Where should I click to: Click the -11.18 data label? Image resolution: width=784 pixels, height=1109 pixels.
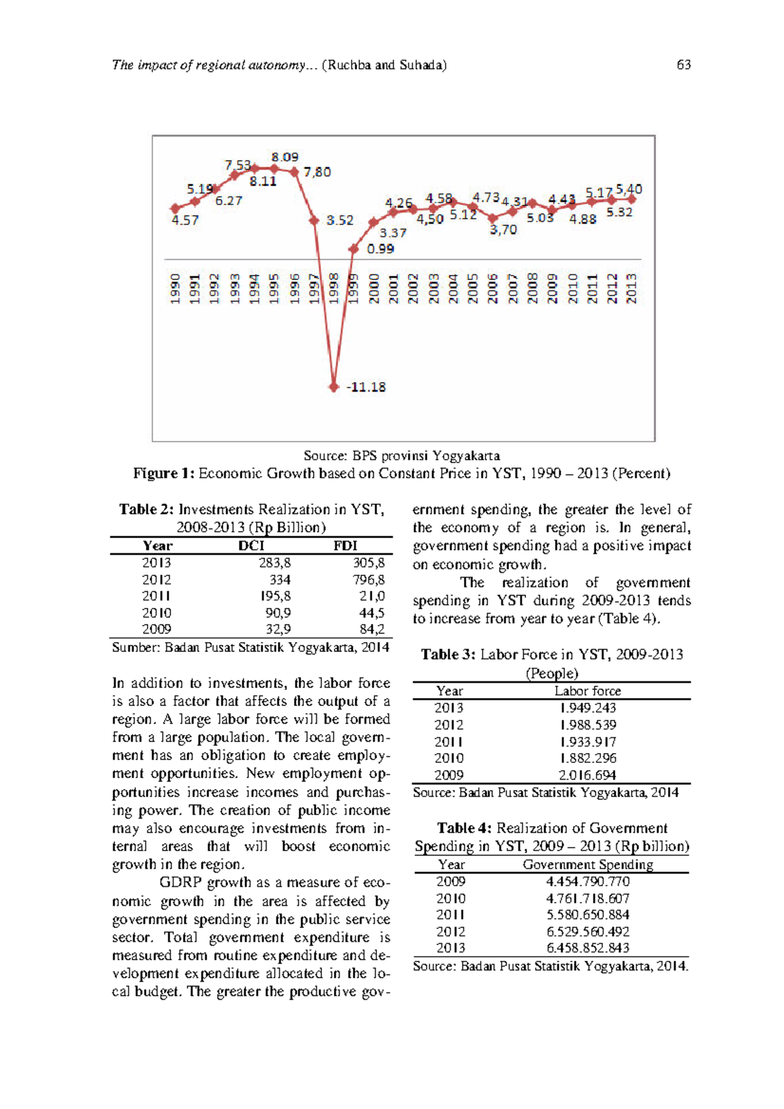[366, 387]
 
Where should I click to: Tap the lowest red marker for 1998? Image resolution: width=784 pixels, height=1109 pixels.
[334, 387]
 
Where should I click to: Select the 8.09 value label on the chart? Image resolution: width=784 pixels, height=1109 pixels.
[285, 157]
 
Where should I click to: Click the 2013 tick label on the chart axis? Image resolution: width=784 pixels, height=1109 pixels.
[631, 288]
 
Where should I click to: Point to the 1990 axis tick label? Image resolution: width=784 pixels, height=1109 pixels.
[175, 288]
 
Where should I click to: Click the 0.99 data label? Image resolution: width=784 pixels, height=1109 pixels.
[380, 248]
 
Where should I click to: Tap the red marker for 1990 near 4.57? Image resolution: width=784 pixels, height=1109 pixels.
[175, 208]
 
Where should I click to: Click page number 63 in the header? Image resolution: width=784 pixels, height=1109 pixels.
[683, 65]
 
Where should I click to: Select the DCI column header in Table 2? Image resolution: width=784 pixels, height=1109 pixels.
[251, 545]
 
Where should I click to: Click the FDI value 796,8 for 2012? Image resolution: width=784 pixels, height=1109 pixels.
[369, 579]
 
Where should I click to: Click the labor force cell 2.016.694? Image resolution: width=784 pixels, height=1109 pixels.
[587, 775]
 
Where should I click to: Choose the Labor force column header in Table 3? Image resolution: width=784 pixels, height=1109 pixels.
[587, 690]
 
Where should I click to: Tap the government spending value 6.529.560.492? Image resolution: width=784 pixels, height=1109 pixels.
[587, 931]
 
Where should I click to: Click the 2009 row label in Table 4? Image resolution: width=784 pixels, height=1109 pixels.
[451, 881]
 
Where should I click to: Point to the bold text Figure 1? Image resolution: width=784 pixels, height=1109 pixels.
[164, 473]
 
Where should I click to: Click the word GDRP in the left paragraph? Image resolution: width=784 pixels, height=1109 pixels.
[180, 882]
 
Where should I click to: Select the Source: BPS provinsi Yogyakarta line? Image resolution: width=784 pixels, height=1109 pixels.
[401, 455]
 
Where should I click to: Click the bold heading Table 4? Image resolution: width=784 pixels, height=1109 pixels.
[465, 828]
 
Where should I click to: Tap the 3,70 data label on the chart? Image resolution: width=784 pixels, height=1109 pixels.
[503, 229]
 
